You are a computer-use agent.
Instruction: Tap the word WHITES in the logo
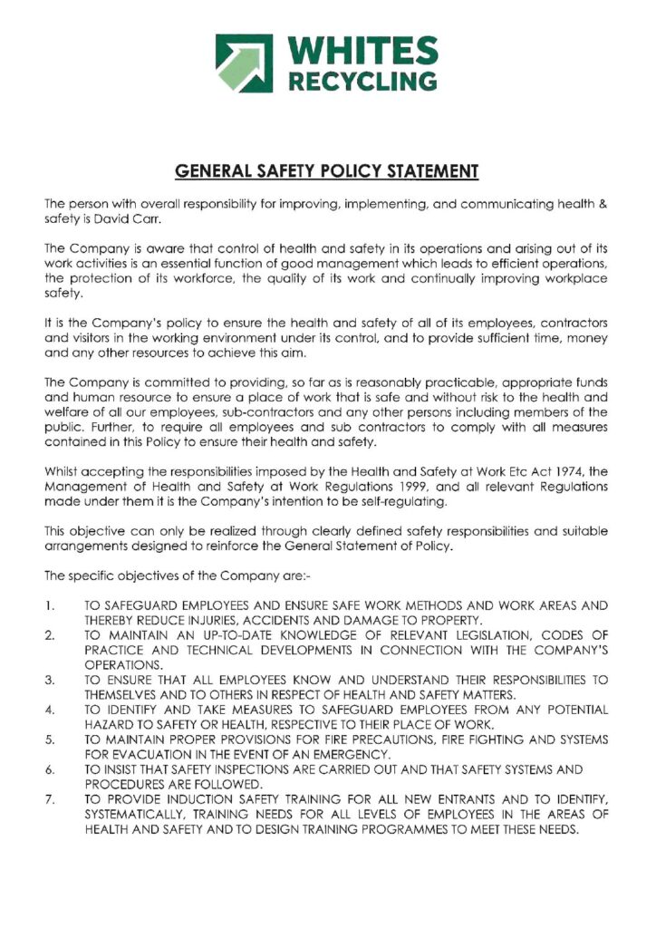pos(362,52)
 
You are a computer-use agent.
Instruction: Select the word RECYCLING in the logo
pos(362,82)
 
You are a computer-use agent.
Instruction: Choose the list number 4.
pos(51,708)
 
